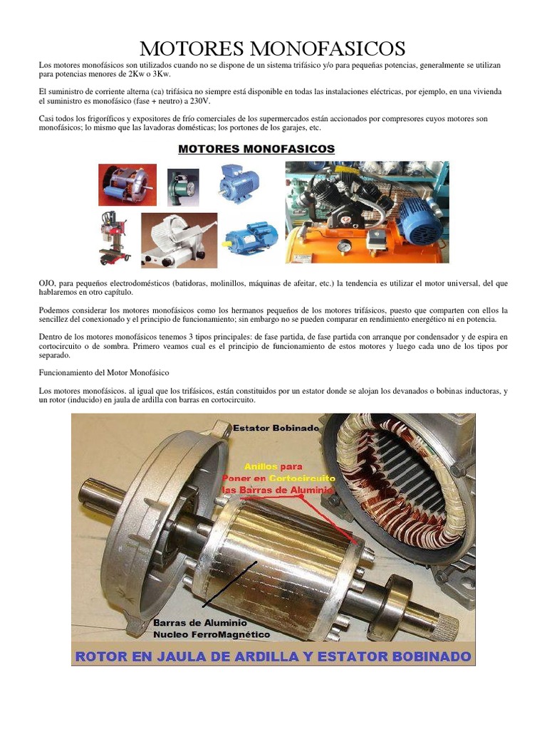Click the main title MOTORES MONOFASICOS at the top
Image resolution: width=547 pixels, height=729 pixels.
(273, 48)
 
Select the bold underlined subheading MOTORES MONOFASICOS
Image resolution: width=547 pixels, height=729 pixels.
(256, 149)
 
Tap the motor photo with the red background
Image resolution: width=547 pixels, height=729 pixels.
(127, 184)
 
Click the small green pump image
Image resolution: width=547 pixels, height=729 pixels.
(183, 187)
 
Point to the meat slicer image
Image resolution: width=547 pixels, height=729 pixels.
(178, 240)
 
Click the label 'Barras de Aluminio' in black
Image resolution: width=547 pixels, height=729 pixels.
(200, 622)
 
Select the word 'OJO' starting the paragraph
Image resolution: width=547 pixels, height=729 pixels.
(47, 283)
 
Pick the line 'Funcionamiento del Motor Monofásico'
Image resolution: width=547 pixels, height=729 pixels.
(103, 372)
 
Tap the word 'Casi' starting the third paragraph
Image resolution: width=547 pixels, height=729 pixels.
(47, 119)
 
